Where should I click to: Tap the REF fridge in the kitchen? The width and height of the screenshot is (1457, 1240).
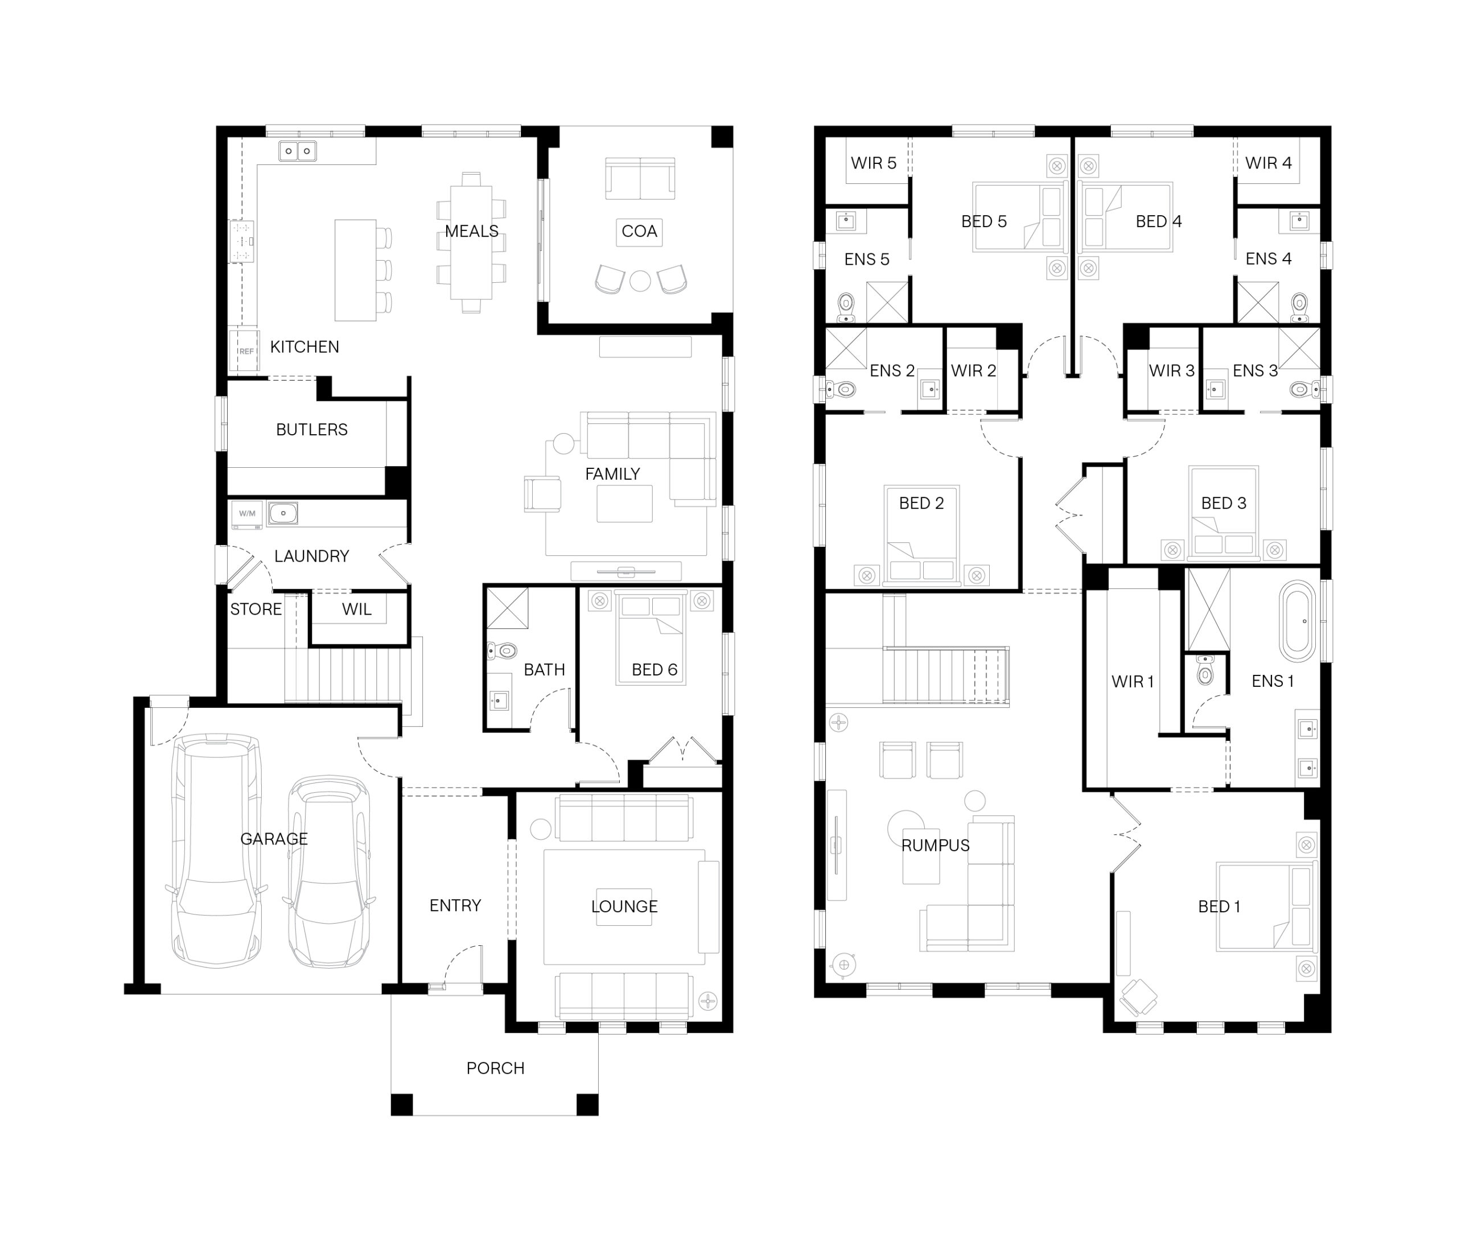(245, 350)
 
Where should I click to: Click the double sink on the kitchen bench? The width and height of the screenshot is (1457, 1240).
(297, 151)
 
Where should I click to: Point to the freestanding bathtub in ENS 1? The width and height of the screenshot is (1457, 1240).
(1296, 621)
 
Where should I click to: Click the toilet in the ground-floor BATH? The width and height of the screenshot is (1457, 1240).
(502, 651)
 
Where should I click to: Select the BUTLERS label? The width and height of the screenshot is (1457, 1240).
(311, 430)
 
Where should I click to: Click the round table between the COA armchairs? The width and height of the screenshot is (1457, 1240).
(640, 281)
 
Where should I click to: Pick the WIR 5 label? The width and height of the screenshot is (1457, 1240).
(873, 163)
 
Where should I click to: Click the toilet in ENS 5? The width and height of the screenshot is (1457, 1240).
(846, 307)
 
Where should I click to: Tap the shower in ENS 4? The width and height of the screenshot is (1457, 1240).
(1257, 302)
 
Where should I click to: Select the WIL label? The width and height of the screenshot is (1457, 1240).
(356, 609)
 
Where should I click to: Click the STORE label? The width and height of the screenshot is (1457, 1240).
(256, 609)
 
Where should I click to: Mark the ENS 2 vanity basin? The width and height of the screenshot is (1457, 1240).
(929, 389)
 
